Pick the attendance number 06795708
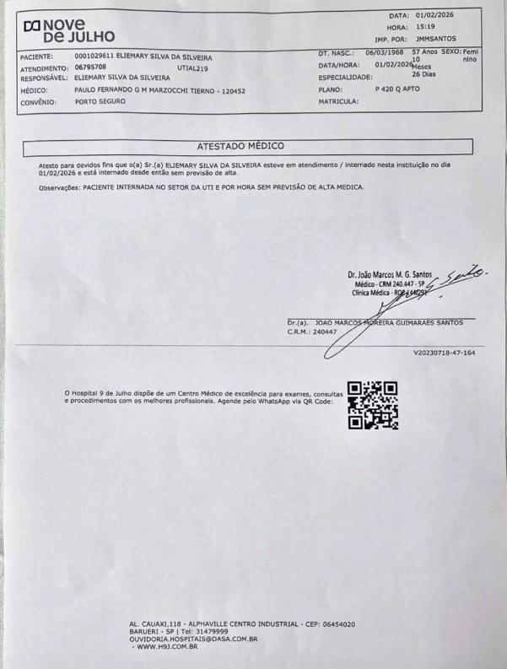tap(90, 66)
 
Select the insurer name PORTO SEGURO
tap(100, 100)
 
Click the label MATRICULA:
tap(339, 100)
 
